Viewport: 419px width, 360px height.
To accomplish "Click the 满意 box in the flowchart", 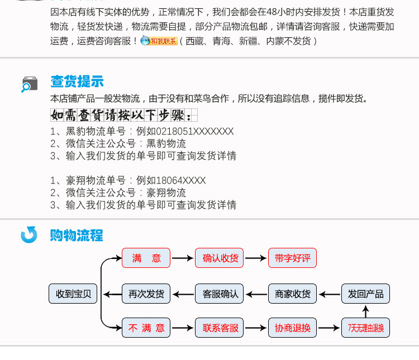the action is point(146,258).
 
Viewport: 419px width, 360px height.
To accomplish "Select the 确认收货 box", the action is point(219,258).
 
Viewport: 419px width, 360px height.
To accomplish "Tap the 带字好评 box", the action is point(292,258).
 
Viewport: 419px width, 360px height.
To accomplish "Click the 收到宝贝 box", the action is point(73,294).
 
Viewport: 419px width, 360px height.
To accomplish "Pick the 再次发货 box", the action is point(146,294).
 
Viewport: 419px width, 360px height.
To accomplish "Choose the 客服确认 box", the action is point(219,294).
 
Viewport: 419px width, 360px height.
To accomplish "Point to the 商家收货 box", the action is point(292,294).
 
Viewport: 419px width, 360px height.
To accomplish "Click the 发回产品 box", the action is point(365,294).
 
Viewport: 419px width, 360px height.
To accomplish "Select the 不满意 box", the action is point(146,328).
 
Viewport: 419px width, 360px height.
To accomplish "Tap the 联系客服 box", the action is point(219,328).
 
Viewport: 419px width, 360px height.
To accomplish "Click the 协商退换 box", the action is point(292,328).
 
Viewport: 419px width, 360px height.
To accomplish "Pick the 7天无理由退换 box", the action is point(365,328).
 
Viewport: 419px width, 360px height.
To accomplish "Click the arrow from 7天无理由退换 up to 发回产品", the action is point(365,311).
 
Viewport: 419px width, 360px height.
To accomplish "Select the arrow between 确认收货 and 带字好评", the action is point(256,258).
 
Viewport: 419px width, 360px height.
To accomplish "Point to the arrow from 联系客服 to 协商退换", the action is point(256,328).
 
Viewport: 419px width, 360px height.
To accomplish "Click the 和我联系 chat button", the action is point(159,41).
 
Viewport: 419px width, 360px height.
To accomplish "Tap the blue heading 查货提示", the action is point(77,81).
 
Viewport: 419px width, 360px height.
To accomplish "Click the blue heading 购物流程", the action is point(77,236).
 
